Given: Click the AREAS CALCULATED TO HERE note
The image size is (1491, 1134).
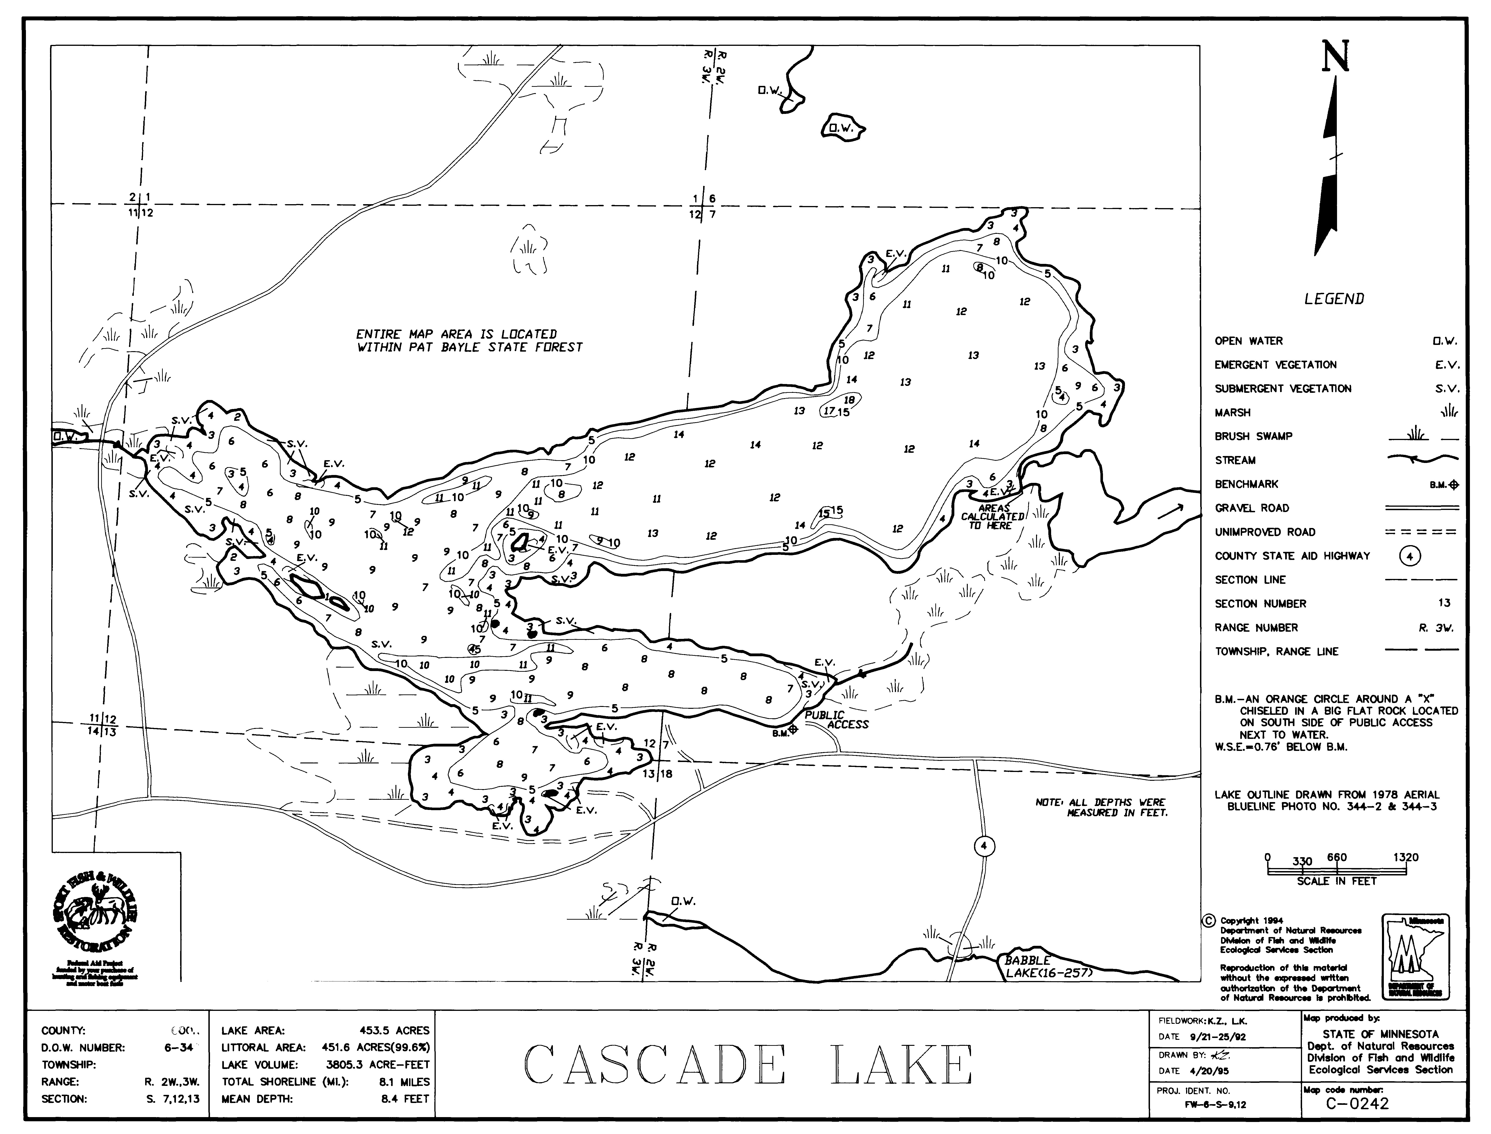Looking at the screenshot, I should click(x=992, y=516).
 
